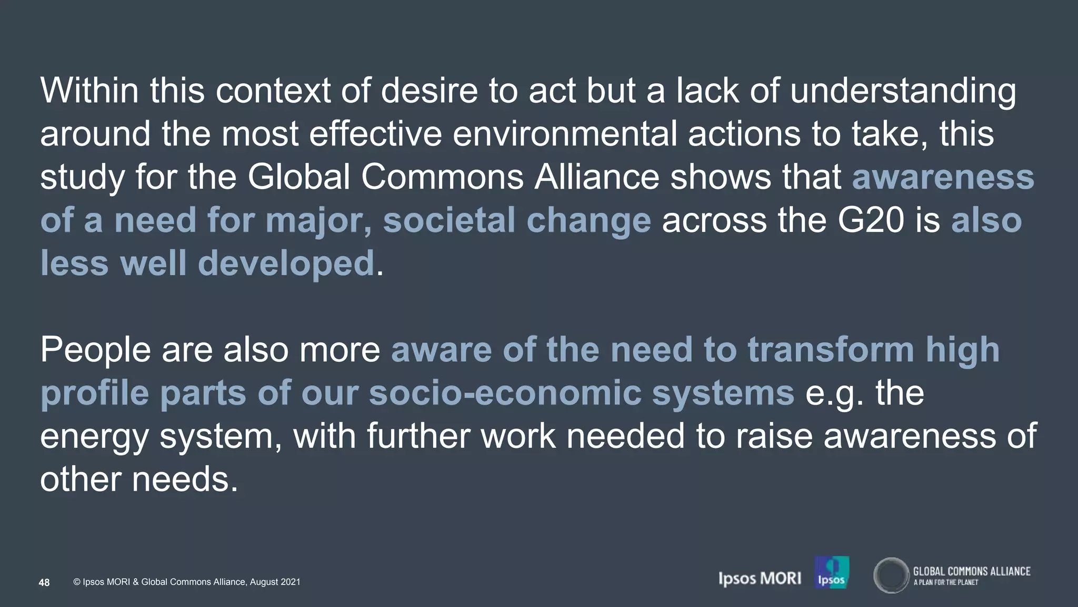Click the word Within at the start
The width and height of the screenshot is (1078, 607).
pyautogui.click(x=89, y=90)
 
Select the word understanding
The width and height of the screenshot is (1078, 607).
pyautogui.click(x=903, y=91)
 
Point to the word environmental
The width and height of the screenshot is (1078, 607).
pyautogui.click(x=564, y=133)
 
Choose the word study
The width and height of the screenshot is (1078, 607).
pyautogui.click(x=82, y=178)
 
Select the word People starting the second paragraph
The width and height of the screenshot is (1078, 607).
pyautogui.click(x=95, y=350)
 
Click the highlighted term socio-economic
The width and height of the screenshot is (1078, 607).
pyautogui.click(x=505, y=393)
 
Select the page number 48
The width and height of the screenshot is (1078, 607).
pyautogui.click(x=44, y=582)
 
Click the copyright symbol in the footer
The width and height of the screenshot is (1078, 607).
pyautogui.click(x=77, y=582)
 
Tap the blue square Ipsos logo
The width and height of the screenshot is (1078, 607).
pyautogui.click(x=831, y=572)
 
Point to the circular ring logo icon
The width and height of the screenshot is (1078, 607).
pyautogui.click(x=891, y=575)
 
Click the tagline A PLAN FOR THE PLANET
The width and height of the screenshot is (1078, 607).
pyautogui.click(x=945, y=582)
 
